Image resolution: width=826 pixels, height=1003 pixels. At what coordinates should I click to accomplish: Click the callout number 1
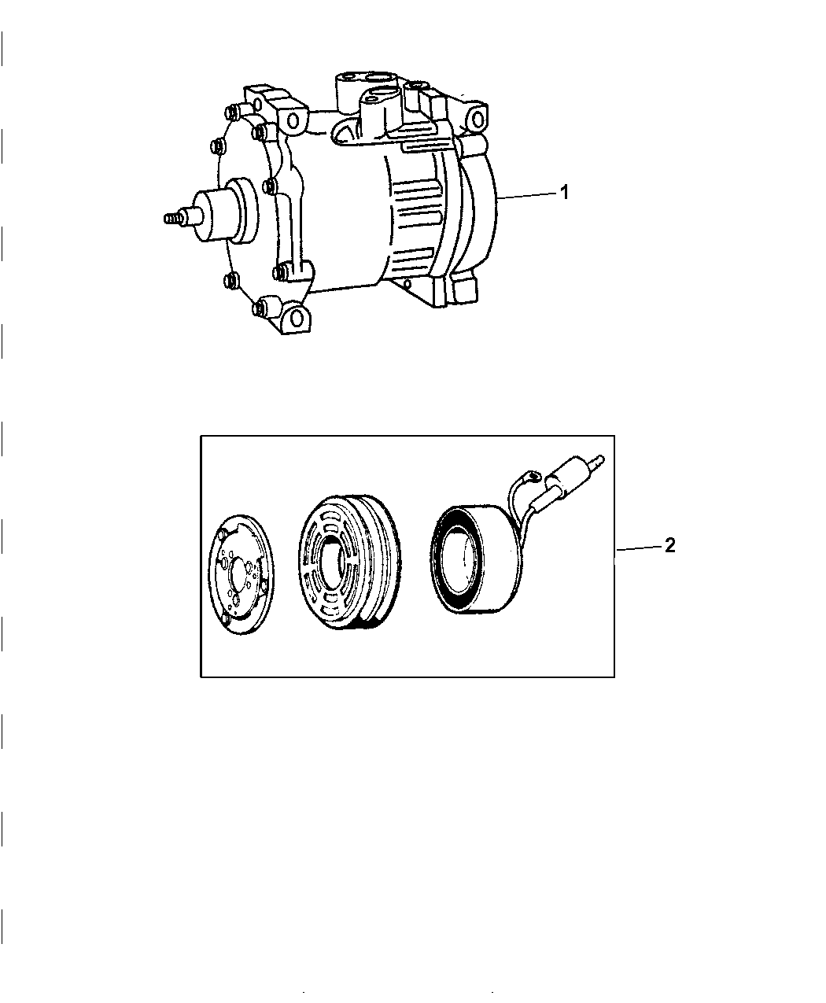coord(563,192)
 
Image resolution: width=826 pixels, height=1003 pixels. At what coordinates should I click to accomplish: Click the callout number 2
coord(669,545)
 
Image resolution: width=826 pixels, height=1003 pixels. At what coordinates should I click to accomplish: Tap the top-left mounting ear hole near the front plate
coord(293,120)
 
